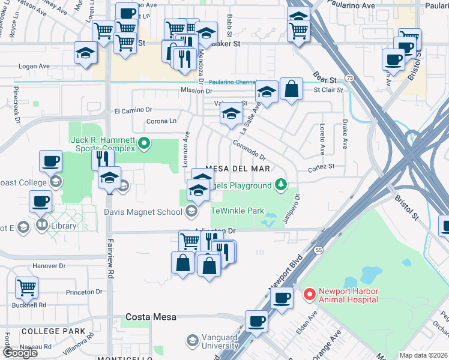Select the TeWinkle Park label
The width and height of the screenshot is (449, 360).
(x=237, y=211)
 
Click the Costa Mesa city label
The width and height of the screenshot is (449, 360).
(x=151, y=317)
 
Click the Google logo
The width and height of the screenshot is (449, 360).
(x=20, y=353)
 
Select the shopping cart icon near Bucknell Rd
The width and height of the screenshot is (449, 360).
(x=27, y=287)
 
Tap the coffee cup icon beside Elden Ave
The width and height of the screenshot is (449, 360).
(x=281, y=298)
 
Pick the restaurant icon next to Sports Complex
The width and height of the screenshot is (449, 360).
(x=103, y=159)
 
